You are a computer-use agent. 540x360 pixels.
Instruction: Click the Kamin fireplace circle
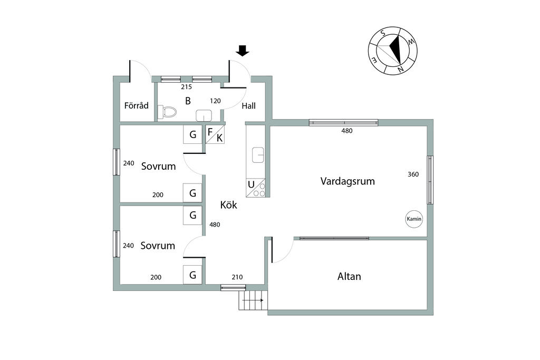coord(414,219)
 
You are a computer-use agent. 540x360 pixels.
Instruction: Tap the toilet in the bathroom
coord(168,111)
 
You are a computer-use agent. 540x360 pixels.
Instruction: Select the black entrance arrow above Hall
coord(243,51)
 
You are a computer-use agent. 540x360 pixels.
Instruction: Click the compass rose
coord(393,51)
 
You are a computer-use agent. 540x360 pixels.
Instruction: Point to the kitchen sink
coord(258,154)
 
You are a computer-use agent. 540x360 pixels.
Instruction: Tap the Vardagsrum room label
coord(348,181)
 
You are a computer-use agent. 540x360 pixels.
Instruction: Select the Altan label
coord(349,276)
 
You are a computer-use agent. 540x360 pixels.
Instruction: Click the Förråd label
coord(136,105)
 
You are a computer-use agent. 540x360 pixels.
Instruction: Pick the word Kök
coord(228,205)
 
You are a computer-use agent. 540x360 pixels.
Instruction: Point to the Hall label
coord(248,106)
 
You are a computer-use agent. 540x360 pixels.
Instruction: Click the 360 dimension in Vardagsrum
coord(413,174)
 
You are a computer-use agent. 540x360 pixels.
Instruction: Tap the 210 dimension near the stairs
coord(237,277)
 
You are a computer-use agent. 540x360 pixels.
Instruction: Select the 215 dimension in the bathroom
coord(186,86)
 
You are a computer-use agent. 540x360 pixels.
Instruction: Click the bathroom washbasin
coord(204,115)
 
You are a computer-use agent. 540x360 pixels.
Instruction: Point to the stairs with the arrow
coord(254,300)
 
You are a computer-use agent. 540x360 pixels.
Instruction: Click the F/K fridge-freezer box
coord(215,134)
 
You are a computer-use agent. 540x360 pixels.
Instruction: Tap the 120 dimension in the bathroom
coord(215,101)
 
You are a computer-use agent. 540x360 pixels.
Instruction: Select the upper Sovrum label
coord(158,167)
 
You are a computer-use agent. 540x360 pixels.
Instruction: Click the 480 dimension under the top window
coord(346,131)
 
